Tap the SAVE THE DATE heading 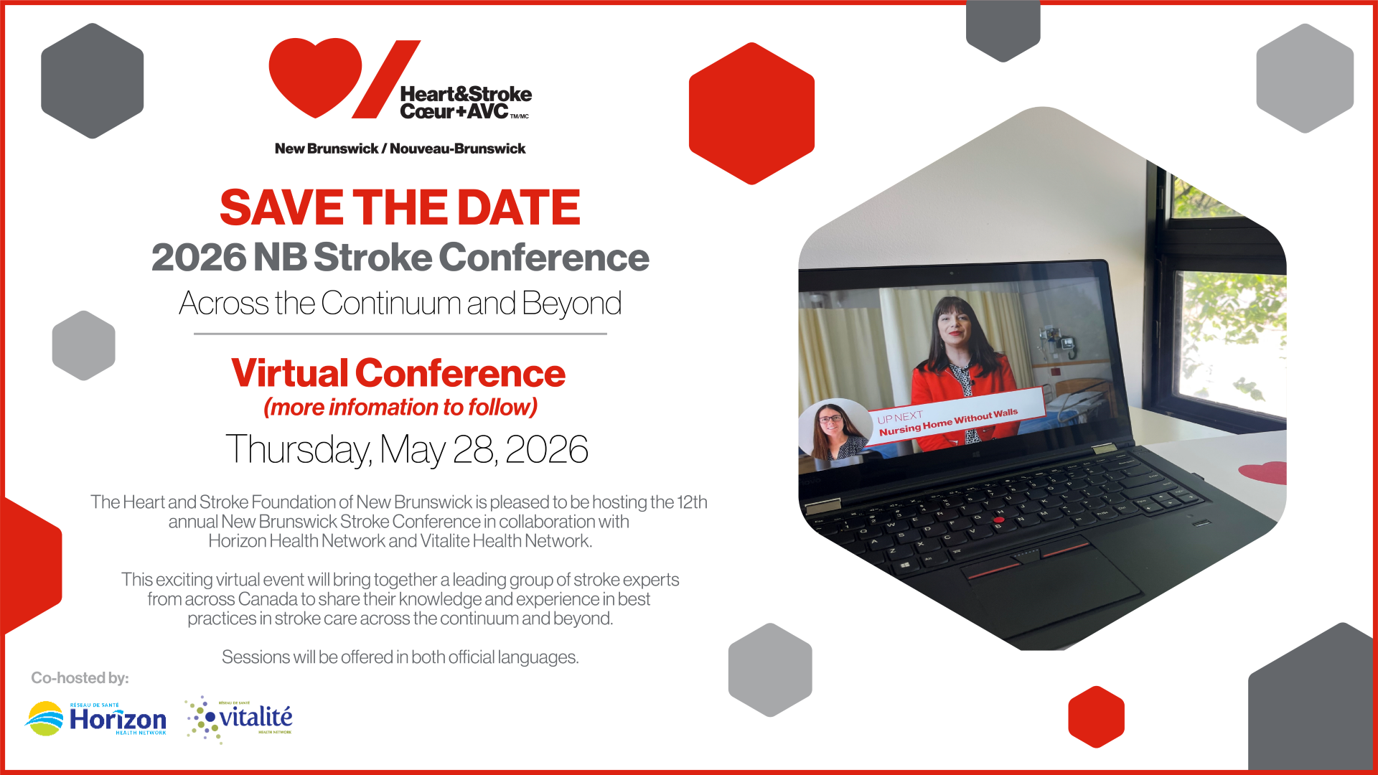click(400, 207)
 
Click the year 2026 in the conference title click(199, 257)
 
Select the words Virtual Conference click(398, 373)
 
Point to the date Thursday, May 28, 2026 click(407, 449)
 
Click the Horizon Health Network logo click(96, 718)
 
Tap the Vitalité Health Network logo click(239, 719)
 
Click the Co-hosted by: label click(80, 678)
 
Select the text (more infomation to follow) click(400, 408)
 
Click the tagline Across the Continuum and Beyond click(400, 304)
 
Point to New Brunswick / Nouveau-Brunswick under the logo click(400, 149)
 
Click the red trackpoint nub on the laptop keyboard click(999, 519)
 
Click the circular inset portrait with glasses click(834, 431)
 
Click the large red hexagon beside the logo click(751, 113)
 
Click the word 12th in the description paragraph click(692, 502)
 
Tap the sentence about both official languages click(400, 657)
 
